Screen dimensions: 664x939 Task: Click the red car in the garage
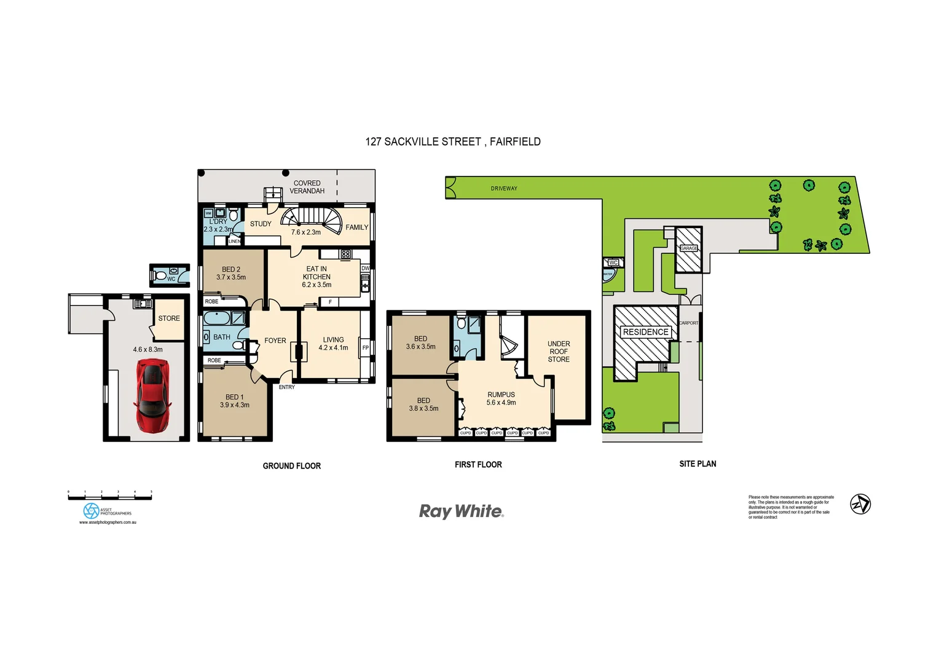(x=152, y=396)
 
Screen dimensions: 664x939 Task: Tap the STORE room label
(x=169, y=318)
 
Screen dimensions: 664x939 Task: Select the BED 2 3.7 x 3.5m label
(x=231, y=274)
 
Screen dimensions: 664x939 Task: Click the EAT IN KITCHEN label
(x=316, y=277)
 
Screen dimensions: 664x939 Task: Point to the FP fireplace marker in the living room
(x=366, y=348)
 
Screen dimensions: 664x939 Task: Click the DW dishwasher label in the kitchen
(x=366, y=268)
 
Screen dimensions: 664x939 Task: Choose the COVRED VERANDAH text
(x=307, y=187)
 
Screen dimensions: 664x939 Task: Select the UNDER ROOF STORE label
(x=559, y=352)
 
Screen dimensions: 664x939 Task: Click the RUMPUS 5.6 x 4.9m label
(x=501, y=398)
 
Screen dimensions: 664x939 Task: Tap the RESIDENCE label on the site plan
(x=645, y=332)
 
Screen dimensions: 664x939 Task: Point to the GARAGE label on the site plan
(x=689, y=248)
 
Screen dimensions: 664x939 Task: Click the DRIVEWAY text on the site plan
(x=504, y=189)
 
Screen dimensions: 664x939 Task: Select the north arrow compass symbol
(x=860, y=504)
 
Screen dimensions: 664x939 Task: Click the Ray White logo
(x=461, y=512)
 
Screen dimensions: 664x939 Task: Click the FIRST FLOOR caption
(x=478, y=465)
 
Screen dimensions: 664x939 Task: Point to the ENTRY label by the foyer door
(x=287, y=387)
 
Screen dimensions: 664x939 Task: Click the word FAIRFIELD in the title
(x=515, y=141)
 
